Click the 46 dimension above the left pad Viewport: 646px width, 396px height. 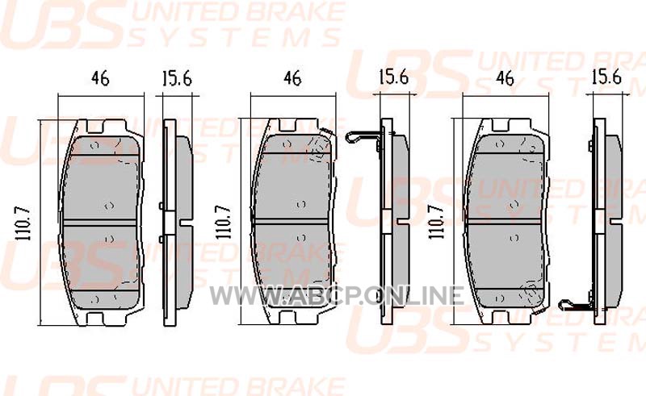point(100,77)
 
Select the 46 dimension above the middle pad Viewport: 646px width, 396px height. point(292,77)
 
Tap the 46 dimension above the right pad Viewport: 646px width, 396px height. point(505,77)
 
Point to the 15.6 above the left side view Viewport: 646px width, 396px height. point(177,77)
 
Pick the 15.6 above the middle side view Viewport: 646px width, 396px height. point(393,77)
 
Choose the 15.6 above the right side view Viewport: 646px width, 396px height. point(606,77)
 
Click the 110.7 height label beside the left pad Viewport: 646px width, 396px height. point(23,223)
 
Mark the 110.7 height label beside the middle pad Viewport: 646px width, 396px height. point(224,223)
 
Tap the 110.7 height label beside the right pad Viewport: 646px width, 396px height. point(436,223)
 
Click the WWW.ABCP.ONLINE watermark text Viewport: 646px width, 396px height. point(337,295)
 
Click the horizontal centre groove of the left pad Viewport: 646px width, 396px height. point(99,223)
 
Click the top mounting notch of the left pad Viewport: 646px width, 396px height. point(95,126)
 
